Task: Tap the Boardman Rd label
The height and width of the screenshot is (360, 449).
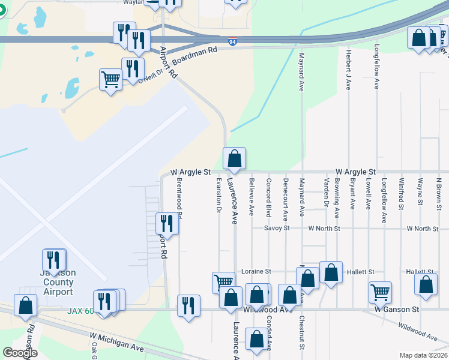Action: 194,56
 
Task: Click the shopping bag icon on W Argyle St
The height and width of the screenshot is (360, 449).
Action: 234,159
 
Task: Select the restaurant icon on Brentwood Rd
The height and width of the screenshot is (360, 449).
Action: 166,224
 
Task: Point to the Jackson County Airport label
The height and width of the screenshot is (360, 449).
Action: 58,282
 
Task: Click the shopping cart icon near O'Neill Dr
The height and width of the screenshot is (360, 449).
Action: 111,79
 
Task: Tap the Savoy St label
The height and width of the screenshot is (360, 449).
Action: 277,229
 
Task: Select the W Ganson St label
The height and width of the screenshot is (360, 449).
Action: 396,310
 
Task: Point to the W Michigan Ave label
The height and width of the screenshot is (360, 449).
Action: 117,343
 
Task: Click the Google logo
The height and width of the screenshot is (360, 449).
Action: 20,353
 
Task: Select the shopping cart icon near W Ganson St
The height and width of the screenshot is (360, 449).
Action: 381,293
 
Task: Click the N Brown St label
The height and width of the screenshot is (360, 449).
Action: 439,194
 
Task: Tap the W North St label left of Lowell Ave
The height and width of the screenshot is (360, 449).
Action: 324,229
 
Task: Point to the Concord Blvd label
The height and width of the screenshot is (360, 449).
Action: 269,197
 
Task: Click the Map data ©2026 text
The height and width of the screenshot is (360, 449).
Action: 423,355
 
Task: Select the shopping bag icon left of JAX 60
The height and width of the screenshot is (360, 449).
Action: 26,306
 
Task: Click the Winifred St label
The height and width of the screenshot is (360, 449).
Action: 400,193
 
